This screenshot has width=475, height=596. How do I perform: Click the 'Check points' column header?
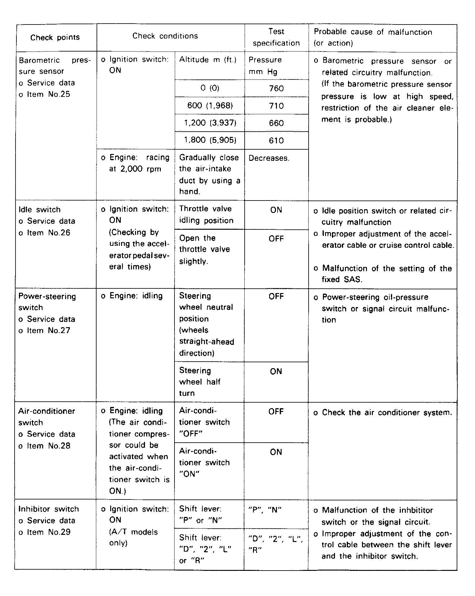click(x=55, y=38)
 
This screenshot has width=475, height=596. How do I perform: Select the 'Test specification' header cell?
click(x=276, y=37)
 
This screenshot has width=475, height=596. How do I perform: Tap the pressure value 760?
click(x=276, y=89)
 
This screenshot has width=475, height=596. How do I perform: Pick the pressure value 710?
click(x=276, y=106)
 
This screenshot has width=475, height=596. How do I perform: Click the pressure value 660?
click(x=276, y=123)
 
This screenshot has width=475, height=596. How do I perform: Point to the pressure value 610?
click(x=276, y=141)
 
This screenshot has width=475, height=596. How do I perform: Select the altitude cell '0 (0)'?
click(x=210, y=88)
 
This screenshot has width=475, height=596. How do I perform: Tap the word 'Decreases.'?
click(x=269, y=158)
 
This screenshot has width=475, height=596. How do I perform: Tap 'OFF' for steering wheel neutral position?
click(x=276, y=296)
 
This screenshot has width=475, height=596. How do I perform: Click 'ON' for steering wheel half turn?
click(x=276, y=372)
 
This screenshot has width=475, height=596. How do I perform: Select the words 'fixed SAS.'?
click(x=342, y=279)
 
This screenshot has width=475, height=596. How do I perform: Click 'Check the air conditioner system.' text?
click(x=387, y=413)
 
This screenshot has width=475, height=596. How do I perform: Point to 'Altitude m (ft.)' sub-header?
click(x=208, y=60)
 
